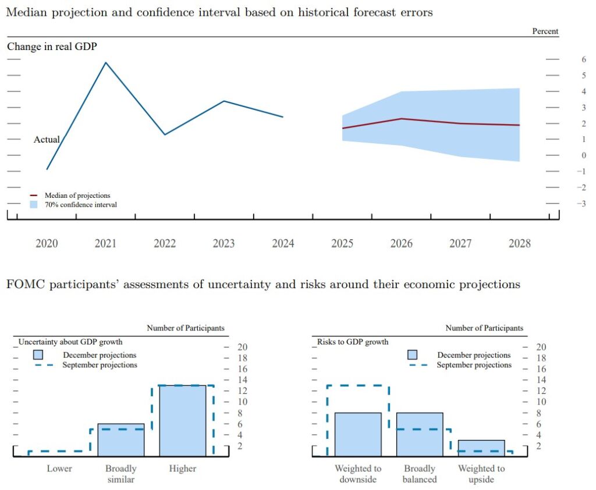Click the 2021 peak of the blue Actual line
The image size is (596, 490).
[105, 62]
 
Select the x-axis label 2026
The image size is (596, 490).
[401, 244]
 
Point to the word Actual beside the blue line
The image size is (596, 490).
[47, 140]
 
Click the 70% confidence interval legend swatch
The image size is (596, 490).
[33, 205]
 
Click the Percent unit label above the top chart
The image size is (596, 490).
[545, 31]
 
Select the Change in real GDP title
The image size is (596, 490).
[52, 47]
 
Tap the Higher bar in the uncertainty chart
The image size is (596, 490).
[182, 420]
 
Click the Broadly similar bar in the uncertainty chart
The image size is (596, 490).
[120, 439]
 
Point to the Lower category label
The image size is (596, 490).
[59, 468]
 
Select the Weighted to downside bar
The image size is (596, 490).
[358, 434]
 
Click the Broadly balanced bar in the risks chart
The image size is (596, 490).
[420, 434]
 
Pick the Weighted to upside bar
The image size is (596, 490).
[481, 448]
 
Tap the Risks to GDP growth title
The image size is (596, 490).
[353, 342]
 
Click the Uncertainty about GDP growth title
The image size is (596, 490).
[70, 342]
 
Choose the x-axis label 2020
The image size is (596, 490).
[47, 244]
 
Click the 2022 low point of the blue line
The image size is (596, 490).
[165, 134]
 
